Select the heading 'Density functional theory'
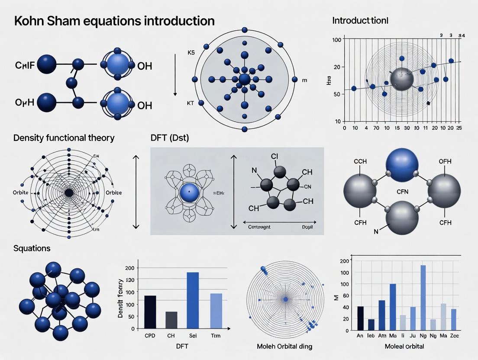pos(64,138)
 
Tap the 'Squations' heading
pos(32,248)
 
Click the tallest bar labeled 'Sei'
pos(192,300)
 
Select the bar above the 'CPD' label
pos(150,312)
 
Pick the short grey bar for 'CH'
pos(171,320)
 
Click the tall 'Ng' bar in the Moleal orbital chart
pos(423,297)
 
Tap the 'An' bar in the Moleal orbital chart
pos(361,318)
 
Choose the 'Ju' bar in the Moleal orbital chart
pos(413,318)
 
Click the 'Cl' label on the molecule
pos(274,156)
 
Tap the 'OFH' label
pos(445,161)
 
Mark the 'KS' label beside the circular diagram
pos(191,52)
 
